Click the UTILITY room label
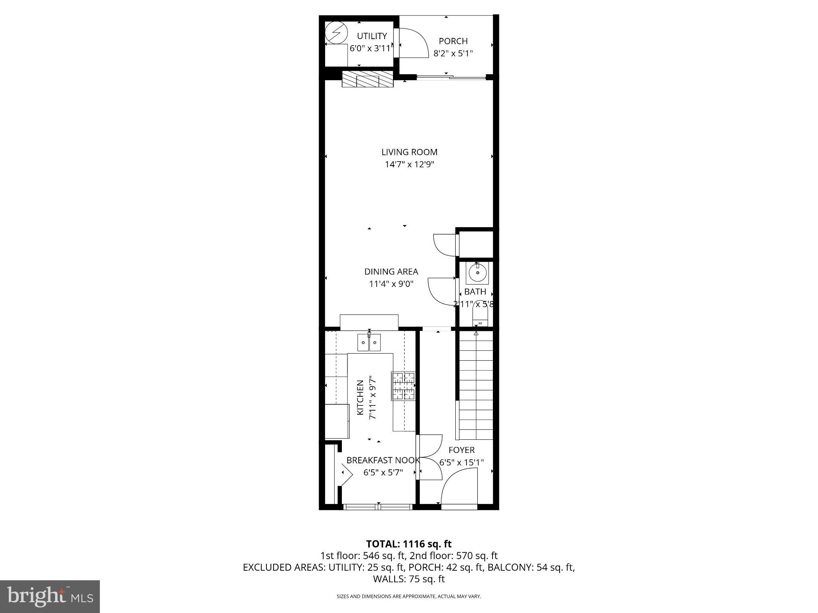coord(371,36)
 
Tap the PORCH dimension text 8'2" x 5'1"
coord(453,53)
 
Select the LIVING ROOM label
coord(409,152)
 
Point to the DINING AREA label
coord(391,271)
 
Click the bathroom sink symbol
coord(477,273)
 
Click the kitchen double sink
coord(369,342)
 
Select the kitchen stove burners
coord(403,386)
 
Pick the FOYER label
coord(461,450)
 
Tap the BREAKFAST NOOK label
coord(383,460)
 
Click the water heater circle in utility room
coord(336,33)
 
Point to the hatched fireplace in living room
coord(367,79)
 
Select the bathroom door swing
coord(441,291)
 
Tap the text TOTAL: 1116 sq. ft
coord(409,544)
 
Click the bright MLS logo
coord(50,596)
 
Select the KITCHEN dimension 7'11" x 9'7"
coord(372,397)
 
